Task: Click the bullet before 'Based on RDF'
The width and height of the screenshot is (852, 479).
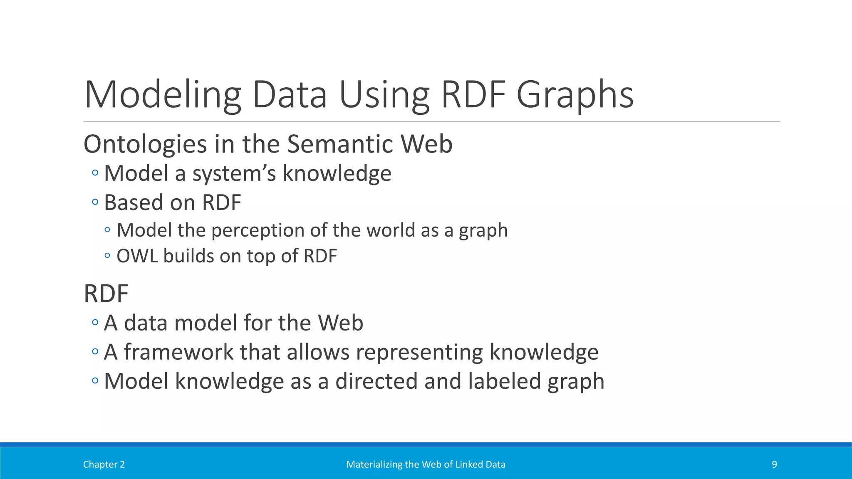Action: pyautogui.click(x=95, y=202)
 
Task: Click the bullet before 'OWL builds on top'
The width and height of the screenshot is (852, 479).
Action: pyautogui.click(x=108, y=255)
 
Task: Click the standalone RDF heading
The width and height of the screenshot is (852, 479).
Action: pyautogui.click(x=106, y=294)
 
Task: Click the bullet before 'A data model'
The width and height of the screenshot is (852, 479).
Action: pyautogui.click(x=95, y=322)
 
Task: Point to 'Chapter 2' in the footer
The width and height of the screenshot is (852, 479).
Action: pyautogui.click(x=104, y=464)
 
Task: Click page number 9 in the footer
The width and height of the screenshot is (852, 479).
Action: pyautogui.click(x=774, y=464)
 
